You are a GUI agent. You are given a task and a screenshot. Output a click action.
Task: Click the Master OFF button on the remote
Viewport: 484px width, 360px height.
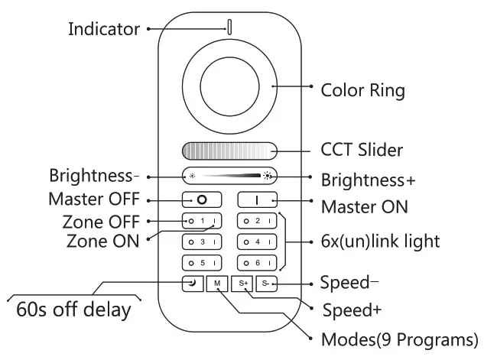(202, 200)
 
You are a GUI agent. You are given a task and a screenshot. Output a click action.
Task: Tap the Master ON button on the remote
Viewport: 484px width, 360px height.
(257, 200)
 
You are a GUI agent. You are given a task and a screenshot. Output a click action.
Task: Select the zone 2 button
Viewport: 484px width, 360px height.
(257, 222)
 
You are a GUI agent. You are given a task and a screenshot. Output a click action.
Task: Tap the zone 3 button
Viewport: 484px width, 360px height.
(202, 242)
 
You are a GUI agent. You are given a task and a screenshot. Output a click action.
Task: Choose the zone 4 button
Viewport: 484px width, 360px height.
(257, 242)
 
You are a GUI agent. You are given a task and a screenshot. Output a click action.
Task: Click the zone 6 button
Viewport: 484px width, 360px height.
(257, 263)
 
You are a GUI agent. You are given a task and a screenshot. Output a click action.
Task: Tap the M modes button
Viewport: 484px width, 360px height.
(218, 284)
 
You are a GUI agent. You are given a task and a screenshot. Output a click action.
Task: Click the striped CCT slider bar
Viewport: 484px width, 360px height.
(229, 150)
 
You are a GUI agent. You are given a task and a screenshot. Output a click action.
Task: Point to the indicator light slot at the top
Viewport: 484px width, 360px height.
(229, 27)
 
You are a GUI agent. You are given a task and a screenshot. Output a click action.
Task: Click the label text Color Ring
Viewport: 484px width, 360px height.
(362, 90)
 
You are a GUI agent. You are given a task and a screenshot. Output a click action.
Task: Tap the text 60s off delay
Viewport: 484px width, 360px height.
(73, 311)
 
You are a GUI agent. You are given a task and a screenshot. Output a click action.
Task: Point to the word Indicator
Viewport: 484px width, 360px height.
(104, 29)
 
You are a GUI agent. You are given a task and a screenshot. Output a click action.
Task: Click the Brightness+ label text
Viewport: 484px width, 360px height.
(368, 180)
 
